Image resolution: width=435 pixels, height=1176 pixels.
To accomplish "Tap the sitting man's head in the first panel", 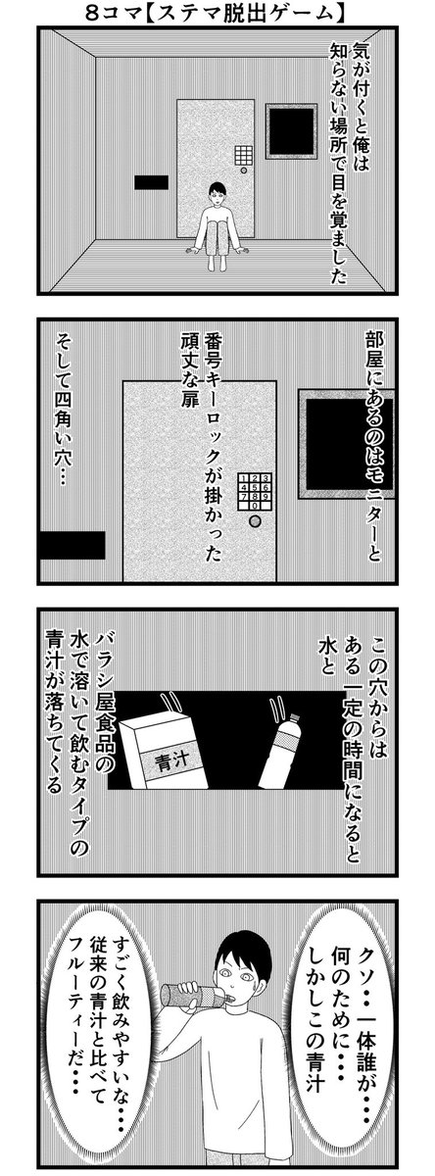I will point(217,192).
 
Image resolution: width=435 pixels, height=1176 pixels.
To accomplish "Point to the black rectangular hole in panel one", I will point(151,182).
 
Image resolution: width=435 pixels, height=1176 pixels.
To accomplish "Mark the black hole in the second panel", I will point(72,545).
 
